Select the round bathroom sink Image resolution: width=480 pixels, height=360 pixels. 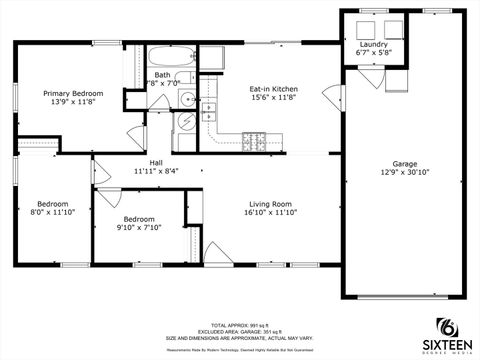coord(186,98)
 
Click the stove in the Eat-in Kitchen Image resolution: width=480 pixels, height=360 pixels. coord(253,140)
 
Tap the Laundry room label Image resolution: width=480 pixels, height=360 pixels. coord(374,44)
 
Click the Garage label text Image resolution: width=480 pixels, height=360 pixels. coord(404,163)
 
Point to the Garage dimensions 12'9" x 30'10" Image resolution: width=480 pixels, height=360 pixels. coord(404,172)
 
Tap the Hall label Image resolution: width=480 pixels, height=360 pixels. coord(156,162)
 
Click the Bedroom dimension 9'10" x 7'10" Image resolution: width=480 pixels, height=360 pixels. coord(139,227)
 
